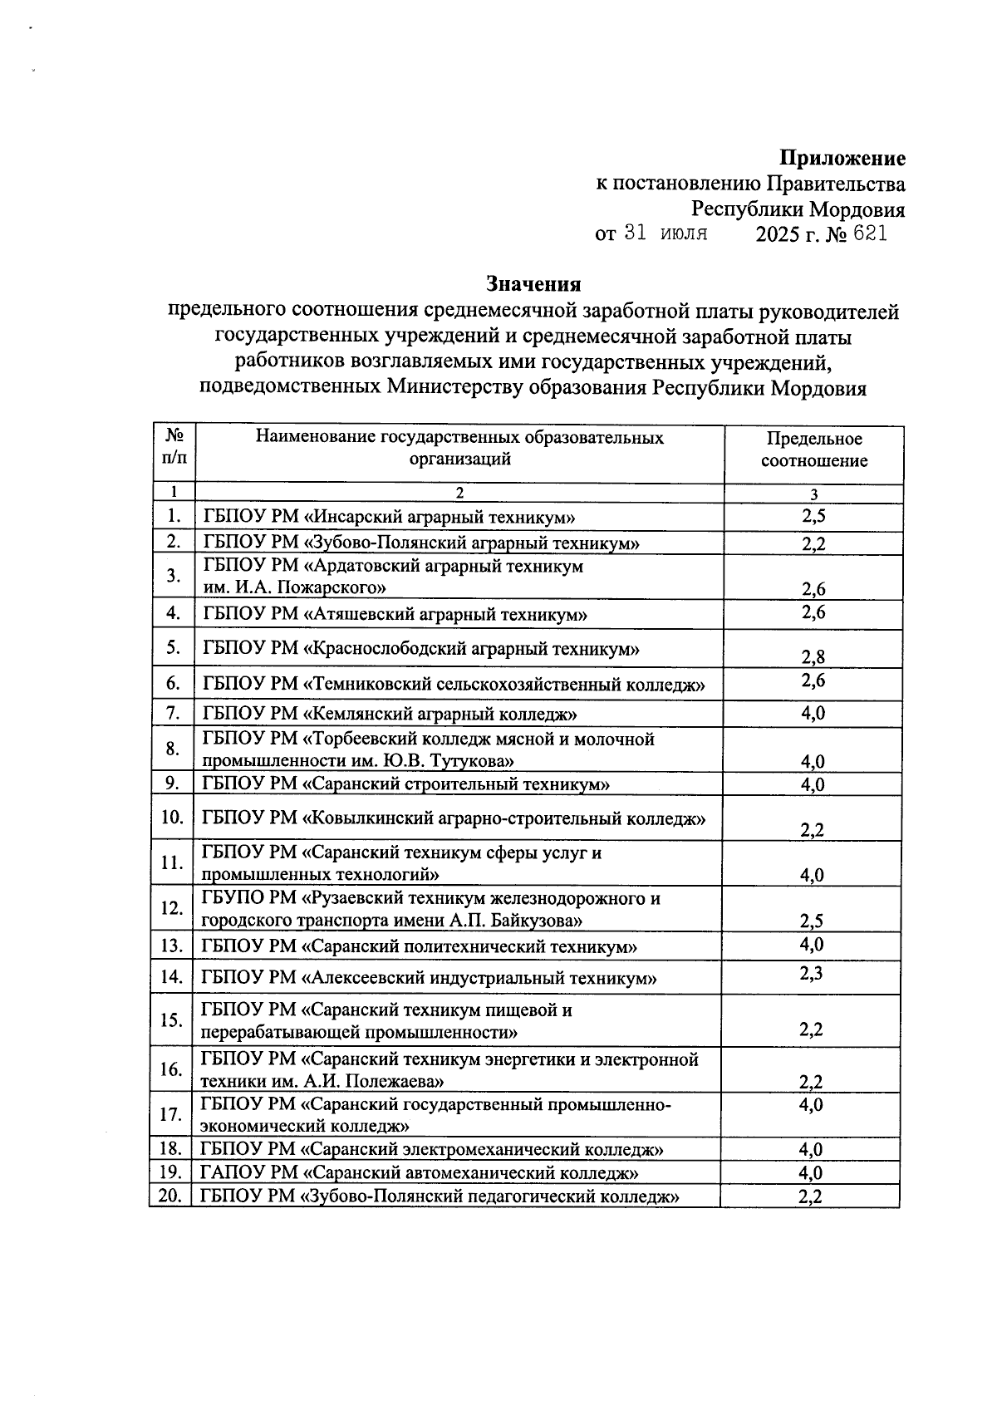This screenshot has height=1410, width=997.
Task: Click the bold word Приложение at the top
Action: tap(842, 158)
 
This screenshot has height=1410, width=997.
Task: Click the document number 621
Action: tap(870, 234)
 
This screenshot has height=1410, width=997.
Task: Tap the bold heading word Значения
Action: tap(533, 284)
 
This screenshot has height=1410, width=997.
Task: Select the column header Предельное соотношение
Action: tap(813, 450)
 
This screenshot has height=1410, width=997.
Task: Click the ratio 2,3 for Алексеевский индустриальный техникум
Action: tap(811, 972)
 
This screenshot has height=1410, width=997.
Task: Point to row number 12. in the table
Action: tap(171, 908)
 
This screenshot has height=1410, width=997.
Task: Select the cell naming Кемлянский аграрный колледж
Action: tap(442, 714)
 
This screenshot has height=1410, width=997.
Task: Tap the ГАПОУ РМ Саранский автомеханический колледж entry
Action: tap(420, 1172)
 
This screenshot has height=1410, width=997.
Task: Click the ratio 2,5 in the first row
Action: tap(813, 516)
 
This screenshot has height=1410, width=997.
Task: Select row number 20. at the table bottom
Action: tap(169, 1196)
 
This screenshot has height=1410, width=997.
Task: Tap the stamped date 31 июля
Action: tap(665, 233)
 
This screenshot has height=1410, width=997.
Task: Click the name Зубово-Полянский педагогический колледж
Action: tap(492, 1196)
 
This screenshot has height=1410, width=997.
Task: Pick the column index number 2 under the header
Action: tap(459, 493)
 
